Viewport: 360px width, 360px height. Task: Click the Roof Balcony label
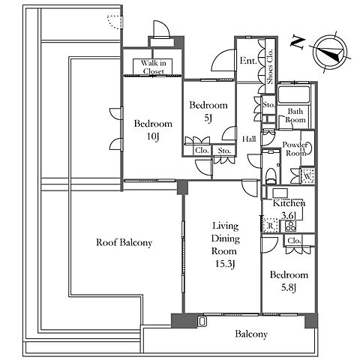pyautogui.click(x=124, y=242)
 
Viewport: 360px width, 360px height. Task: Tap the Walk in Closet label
pyautogui.click(x=153, y=67)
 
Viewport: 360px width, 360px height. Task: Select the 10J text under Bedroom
pyautogui.click(x=153, y=136)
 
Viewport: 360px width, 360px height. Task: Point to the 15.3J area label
pyautogui.click(x=226, y=264)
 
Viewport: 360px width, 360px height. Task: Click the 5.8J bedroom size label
pyautogui.click(x=289, y=288)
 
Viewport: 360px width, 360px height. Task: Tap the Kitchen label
pyautogui.click(x=289, y=203)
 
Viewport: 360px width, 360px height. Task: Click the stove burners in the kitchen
pyautogui.click(x=291, y=226)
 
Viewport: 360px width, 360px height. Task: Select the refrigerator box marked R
pyautogui.click(x=270, y=226)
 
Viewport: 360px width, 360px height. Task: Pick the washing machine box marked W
pyautogui.click(x=307, y=176)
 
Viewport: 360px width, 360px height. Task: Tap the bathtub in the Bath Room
pyautogui.click(x=294, y=94)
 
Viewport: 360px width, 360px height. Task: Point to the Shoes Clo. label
pyautogui.click(x=270, y=67)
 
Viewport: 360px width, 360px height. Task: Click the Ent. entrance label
pyautogui.click(x=248, y=61)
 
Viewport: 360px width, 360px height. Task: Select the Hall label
pyautogui.click(x=249, y=139)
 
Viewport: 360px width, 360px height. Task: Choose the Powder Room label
pyautogui.click(x=295, y=148)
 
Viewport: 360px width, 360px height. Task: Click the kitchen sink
pyautogui.click(x=280, y=193)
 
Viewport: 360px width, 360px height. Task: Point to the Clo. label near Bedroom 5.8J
pyautogui.click(x=294, y=241)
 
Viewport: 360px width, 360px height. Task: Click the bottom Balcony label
pyautogui.click(x=251, y=334)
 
